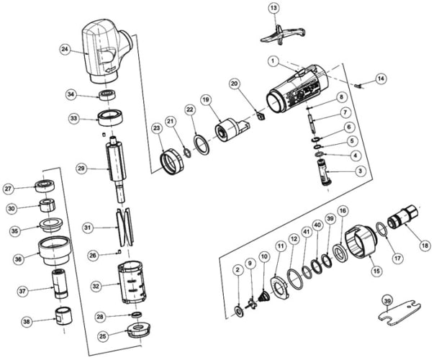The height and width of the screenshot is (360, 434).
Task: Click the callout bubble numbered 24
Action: point(65,49)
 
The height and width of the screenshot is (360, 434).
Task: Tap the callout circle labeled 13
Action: point(273,8)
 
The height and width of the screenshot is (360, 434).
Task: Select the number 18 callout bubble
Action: point(425,246)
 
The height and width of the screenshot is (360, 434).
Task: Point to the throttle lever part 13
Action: point(282,35)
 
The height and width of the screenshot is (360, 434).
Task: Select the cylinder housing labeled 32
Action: point(132,282)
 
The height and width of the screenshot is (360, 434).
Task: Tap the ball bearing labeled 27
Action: point(45,186)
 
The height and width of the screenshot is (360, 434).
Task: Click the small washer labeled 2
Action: point(238,311)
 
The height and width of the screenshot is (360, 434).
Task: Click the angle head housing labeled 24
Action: point(105,51)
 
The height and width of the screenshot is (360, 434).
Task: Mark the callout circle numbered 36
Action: point(18,259)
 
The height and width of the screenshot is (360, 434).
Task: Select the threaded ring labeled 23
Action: point(172,161)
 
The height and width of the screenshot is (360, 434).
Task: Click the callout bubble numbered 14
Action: point(381,78)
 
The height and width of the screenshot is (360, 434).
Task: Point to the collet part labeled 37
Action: point(60,283)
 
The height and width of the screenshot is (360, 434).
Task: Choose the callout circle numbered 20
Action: point(235,84)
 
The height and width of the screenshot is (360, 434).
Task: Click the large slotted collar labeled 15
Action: point(361,241)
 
